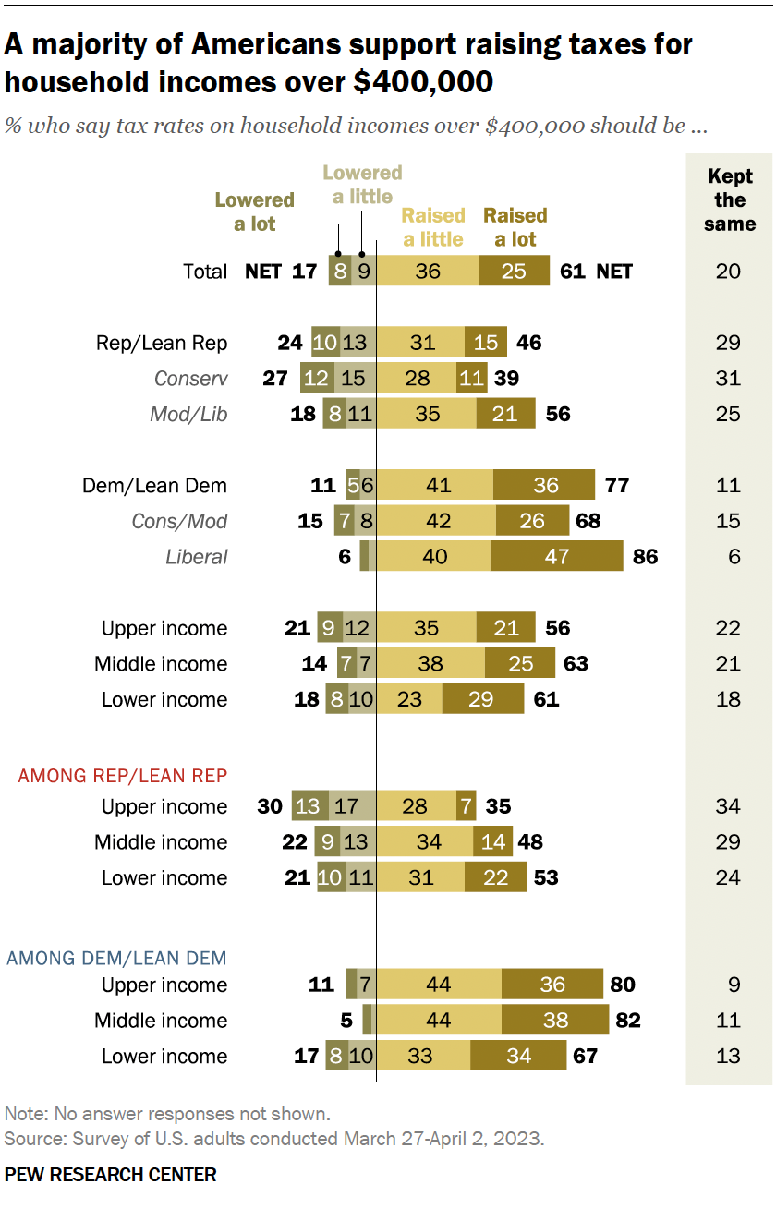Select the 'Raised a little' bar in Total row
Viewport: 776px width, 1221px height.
coord(428,271)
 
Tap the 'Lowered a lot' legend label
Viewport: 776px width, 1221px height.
coord(254,212)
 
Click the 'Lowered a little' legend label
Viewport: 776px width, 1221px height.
coord(362,184)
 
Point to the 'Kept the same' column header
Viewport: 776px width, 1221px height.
coord(729,199)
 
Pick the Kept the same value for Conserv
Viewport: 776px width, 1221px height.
coord(728,379)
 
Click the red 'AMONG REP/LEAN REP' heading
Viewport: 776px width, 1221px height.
coord(122,776)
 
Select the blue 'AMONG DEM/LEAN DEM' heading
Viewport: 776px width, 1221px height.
coord(116,957)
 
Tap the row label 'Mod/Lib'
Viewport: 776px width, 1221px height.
coord(188,415)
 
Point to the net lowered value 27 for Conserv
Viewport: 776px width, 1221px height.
coord(277,379)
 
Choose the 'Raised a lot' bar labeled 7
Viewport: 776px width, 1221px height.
coord(466,806)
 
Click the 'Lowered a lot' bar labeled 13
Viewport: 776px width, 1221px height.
coord(306,806)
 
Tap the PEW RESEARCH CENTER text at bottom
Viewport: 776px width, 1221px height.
coord(111,1175)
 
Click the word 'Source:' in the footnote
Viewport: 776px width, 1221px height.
coord(29,1139)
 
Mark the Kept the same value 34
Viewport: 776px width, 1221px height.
coord(728,806)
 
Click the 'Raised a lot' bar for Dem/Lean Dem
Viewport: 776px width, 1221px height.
coord(544,485)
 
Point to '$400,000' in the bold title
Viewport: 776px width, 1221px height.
coord(423,81)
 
